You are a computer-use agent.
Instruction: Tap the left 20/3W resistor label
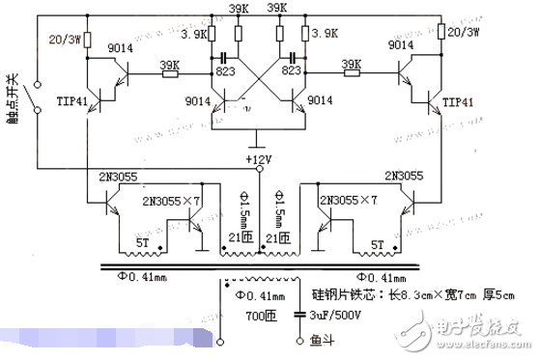click(65, 40)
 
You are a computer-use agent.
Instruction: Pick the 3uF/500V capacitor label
click(329, 315)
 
